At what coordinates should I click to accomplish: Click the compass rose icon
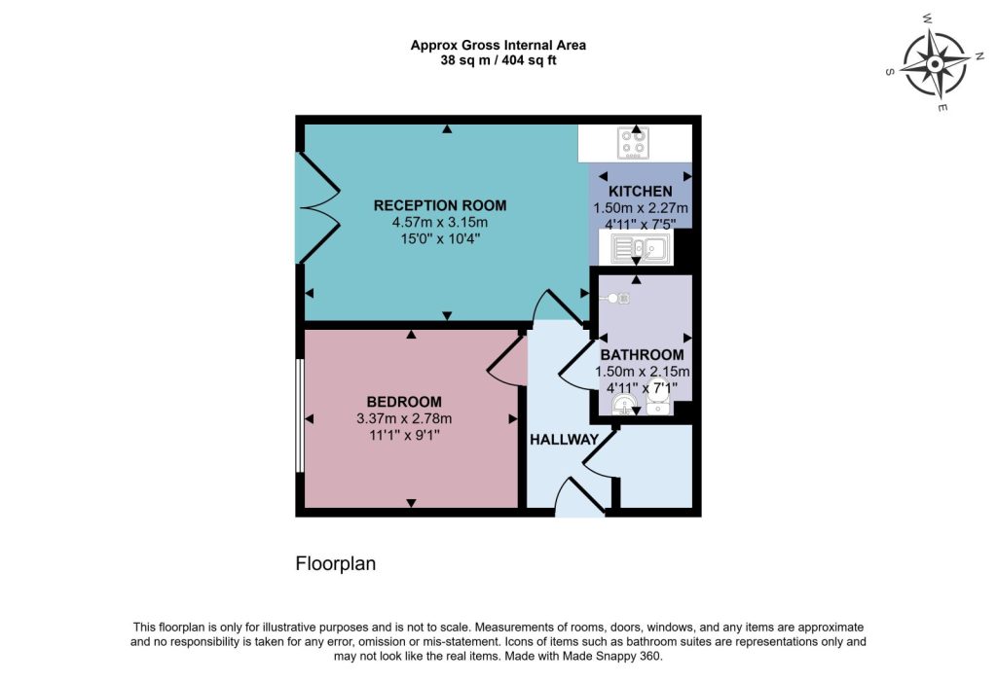pyautogui.click(x=935, y=63)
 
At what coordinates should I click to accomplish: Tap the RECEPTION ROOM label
pyautogui.click(x=440, y=205)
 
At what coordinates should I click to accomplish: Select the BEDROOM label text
pyautogui.click(x=404, y=402)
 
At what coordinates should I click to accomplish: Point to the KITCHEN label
pyautogui.click(x=641, y=192)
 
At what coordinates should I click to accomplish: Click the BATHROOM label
pyautogui.click(x=643, y=355)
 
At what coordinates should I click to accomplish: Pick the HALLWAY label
pyautogui.click(x=565, y=439)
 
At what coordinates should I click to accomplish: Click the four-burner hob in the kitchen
pyautogui.click(x=634, y=143)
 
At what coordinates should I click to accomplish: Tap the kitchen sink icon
pyautogui.click(x=641, y=248)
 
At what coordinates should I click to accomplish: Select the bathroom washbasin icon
pyautogui.click(x=625, y=405)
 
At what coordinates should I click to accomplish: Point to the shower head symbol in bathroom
pyautogui.click(x=616, y=298)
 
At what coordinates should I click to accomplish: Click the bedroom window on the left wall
pyautogui.click(x=300, y=415)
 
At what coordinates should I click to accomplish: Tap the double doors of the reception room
pyautogui.click(x=318, y=207)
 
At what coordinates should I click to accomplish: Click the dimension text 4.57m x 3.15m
pyautogui.click(x=440, y=223)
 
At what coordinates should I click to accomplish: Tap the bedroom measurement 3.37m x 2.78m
pyautogui.click(x=404, y=419)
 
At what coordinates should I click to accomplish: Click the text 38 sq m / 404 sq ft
pyautogui.click(x=498, y=60)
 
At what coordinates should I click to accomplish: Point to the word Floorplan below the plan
pyautogui.click(x=336, y=563)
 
